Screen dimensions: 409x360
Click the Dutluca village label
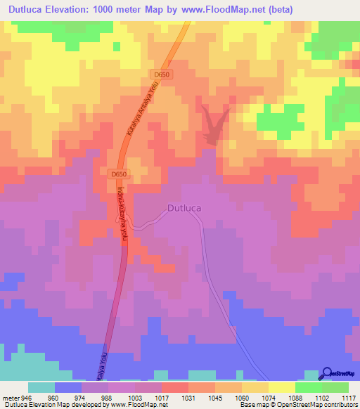pos(186,208)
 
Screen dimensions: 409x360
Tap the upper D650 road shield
pos(161,74)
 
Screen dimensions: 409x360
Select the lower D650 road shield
pos(119,173)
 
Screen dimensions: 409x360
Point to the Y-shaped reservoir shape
pos(214,123)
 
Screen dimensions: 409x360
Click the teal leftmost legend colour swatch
pos(41,387)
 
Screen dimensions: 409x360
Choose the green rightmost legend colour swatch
pos(335,387)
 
